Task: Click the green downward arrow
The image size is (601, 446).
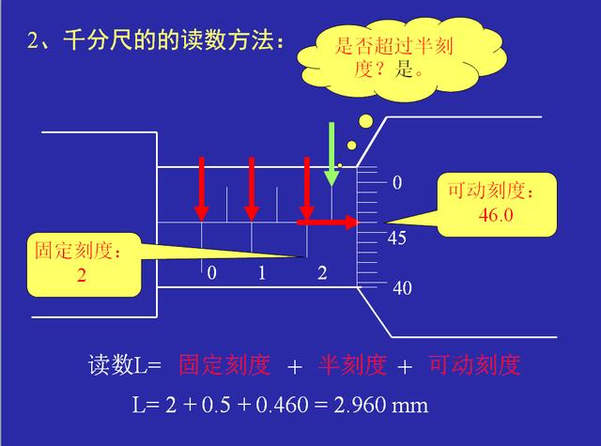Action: (x=331, y=154)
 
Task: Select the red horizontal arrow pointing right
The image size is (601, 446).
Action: (x=328, y=223)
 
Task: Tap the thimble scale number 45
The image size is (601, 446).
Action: (x=396, y=238)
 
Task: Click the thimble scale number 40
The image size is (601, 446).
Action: (x=402, y=288)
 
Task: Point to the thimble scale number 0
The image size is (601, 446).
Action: (x=397, y=183)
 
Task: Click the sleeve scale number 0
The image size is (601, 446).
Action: (x=211, y=273)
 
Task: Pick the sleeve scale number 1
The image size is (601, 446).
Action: (x=262, y=273)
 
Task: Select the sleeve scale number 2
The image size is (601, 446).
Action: (x=322, y=273)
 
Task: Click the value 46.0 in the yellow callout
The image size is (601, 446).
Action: (x=496, y=215)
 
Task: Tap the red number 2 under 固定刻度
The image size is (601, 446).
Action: (x=82, y=275)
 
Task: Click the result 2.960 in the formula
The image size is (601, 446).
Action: (x=359, y=405)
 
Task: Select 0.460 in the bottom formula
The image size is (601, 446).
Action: (x=282, y=405)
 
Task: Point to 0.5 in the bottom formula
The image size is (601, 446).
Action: (x=216, y=405)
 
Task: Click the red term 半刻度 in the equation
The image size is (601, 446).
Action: (x=352, y=364)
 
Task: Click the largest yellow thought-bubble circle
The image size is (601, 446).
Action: (x=365, y=121)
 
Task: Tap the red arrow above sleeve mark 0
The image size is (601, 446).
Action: (x=202, y=189)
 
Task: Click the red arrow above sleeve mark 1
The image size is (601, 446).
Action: (x=252, y=189)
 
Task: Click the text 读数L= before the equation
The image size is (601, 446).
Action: (x=125, y=364)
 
